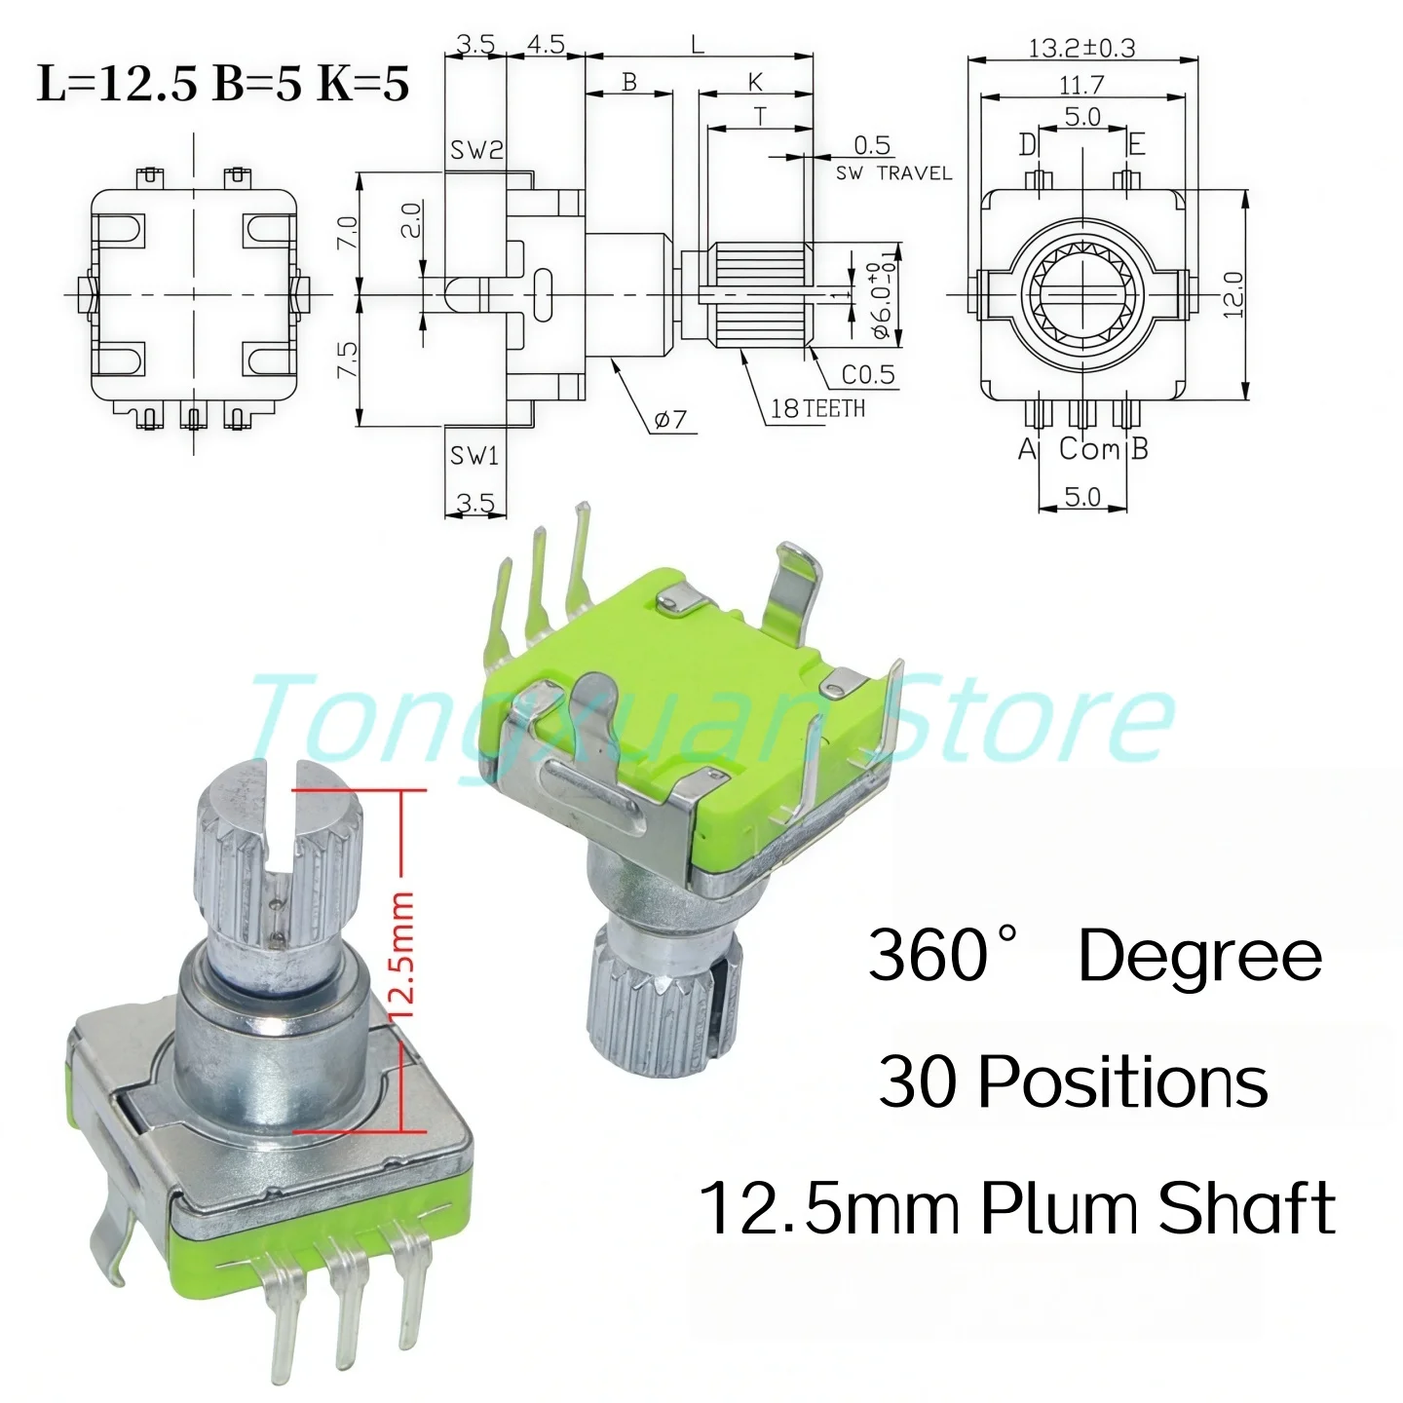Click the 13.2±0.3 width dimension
(1081, 48)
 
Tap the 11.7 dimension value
(1081, 85)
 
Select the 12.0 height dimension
(1233, 294)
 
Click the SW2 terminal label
(476, 150)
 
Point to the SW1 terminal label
(474, 455)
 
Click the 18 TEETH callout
(817, 408)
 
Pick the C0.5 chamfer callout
(868, 374)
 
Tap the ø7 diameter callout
(670, 419)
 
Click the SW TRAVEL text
(893, 173)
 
